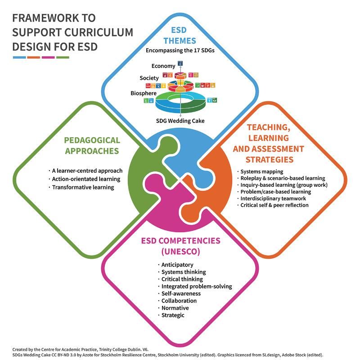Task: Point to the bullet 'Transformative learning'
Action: [x=83, y=187]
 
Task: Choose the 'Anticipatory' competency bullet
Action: [x=177, y=265]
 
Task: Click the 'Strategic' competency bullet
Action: [x=173, y=315]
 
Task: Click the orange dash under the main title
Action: [x=34, y=57]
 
